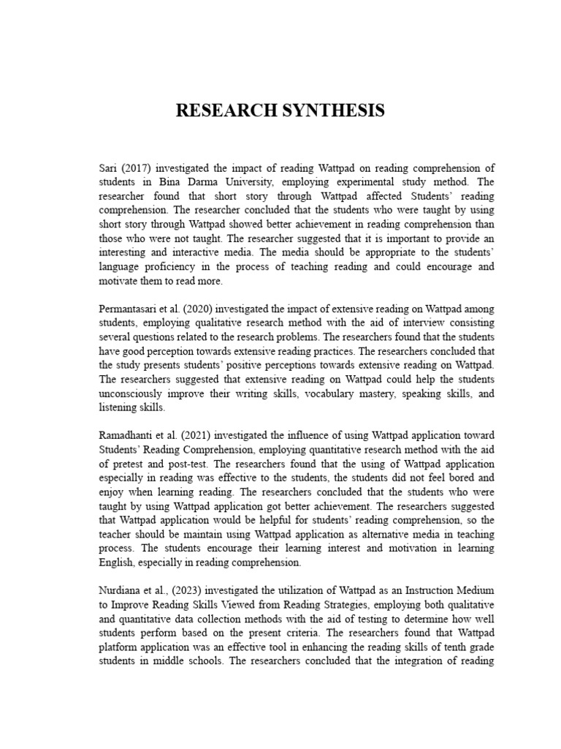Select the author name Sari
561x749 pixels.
point(109,168)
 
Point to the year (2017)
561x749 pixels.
point(137,168)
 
